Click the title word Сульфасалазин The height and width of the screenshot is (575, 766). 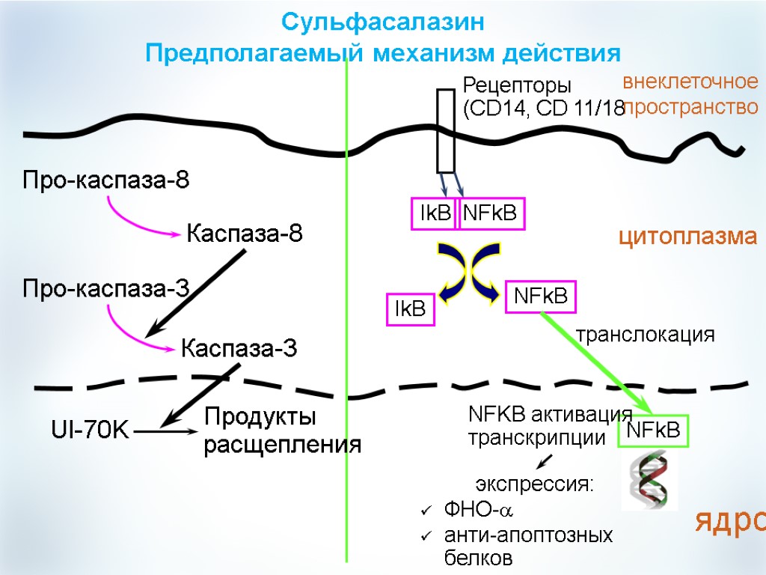[x=383, y=22]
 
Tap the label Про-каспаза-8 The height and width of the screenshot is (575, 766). [x=105, y=180]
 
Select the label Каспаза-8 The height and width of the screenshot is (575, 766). [x=245, y=234]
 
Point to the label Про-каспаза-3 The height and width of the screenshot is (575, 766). [x=105, y=287]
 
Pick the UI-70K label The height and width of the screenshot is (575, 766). [x=90, y=430]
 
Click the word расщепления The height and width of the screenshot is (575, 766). [x=283, y=444]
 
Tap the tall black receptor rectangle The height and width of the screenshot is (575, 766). [x=446, y=131]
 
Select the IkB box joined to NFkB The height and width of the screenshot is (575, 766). [x=435, y=214]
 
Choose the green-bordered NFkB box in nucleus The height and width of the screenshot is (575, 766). [x=652, y=431]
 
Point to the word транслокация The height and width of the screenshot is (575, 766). [x=645, y=335]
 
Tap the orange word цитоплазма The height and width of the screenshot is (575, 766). [x=687, y=237]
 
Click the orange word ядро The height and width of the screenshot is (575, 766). [x=730, y=520]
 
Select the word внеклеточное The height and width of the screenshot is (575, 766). [x=690, y=82]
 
